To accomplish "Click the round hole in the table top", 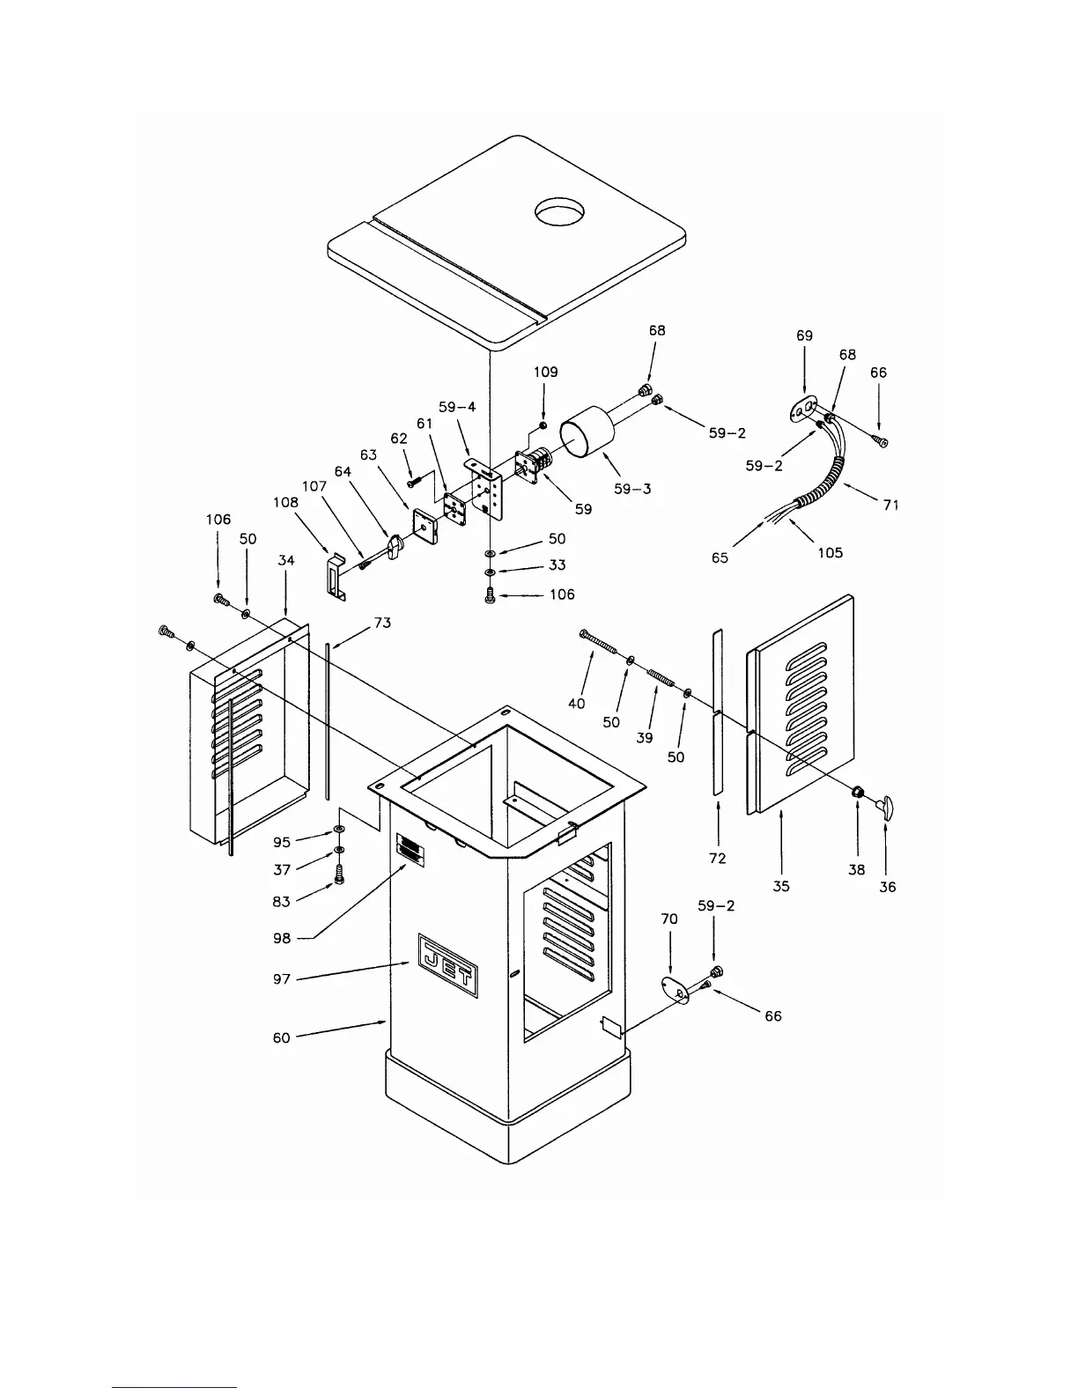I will [x=559, y=212].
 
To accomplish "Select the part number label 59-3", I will [x=632, y=488].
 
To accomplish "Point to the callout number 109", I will [x=545, y=372].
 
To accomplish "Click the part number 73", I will [x=382, y=623].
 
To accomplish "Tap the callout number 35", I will [x=781, y=886].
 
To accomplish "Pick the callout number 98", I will [x=282, y=938].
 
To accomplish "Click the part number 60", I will [x=281, y=1037].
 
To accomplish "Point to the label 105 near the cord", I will [x=830, y=552].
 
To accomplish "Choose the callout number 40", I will [x=577, y=703].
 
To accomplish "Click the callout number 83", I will [x=282, y=900].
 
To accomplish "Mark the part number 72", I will [x=718, y=858].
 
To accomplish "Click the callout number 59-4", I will [x=457, y=407].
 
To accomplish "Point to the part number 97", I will [x=282, y=978].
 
